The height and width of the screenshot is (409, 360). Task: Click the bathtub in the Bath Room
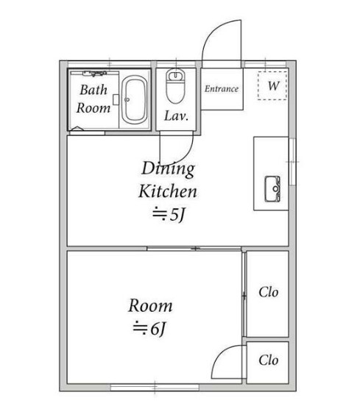(x=135, y=99)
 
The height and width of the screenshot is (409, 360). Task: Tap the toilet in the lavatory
(x=176, y=86)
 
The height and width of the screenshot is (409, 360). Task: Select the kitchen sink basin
(x=272, y=189)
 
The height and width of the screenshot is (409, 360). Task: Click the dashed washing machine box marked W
(x=272, y=85)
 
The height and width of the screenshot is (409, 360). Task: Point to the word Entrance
(x=222, y=89)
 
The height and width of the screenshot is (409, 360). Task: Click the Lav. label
(x=176, y=115)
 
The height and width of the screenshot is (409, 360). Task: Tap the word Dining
(x=168, y=169)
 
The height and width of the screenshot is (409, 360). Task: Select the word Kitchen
(x=168, y=191)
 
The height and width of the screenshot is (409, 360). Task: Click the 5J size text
(x=169, y=215)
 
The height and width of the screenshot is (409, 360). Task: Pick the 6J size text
(x=149, y=329)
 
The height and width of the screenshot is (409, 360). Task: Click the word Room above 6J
(x=150, y=306)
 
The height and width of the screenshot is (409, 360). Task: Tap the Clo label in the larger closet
(x=269, y=292)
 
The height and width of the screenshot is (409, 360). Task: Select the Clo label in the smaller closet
(x=269, y=360)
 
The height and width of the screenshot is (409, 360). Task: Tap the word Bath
(x=93, y=90)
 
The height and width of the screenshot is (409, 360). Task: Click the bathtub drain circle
(x=127, y=99)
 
